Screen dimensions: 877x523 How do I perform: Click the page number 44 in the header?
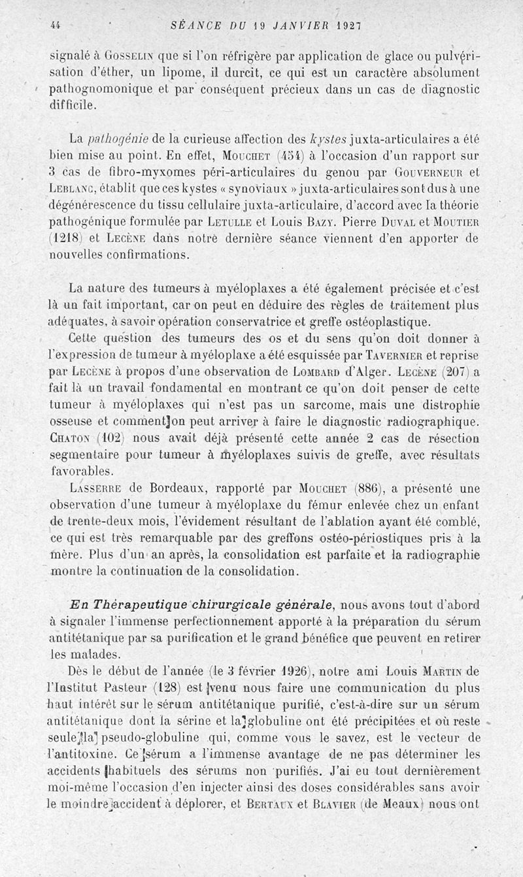55,26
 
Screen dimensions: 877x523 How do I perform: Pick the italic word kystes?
329,139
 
